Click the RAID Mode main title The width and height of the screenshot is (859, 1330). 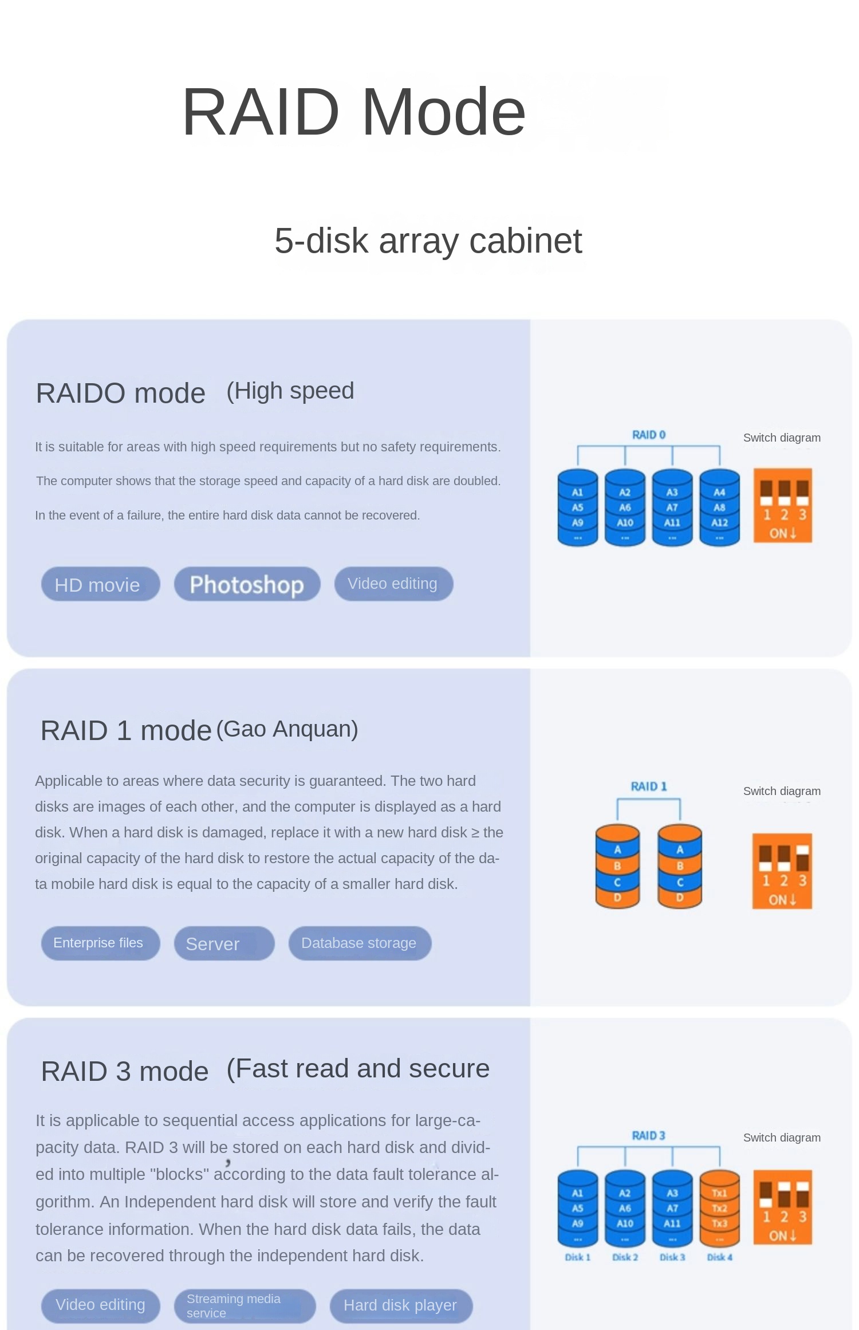pos(353,112)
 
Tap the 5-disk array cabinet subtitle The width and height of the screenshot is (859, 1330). pos(428,241)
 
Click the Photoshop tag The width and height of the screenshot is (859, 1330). pos(247,584)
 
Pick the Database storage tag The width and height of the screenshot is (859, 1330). pos(360,943)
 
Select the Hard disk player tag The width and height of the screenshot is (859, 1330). pos(401,1305)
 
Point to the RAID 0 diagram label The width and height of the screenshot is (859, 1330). pos(648,435)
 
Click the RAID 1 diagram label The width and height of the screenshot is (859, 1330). pos(648,786)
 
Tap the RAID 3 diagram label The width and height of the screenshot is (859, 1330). pos(648,1135)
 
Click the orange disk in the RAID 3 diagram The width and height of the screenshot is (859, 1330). pos(719,1208)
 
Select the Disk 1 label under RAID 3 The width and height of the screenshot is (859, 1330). pos(577,1257)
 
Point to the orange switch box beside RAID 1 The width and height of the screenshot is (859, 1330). pos(782,871)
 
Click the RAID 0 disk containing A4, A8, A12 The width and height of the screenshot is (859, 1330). pos(719,507)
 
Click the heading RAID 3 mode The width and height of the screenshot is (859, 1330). pos(125,1071)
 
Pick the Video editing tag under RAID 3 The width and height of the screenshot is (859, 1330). pos(100,1305)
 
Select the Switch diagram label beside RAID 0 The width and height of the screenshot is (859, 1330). pos(782,438)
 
